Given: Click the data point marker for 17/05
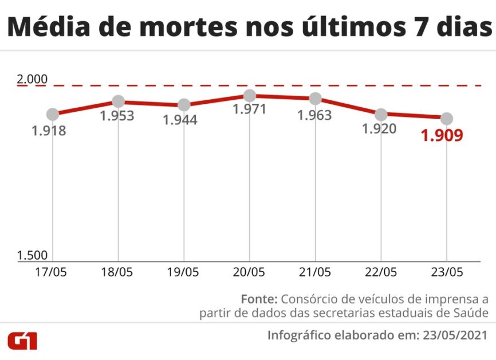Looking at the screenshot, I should (53, 115).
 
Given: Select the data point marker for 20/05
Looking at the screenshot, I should (250, 95).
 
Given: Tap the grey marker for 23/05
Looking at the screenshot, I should (447, 119).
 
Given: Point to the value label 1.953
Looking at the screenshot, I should (117, 116).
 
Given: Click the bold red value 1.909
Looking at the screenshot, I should (442, 136).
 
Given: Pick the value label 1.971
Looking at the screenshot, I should (250, 109).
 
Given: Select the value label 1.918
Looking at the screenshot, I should (49, 131).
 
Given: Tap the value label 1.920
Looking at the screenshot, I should (379, 129).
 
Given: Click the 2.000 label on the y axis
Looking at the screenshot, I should (33, 80).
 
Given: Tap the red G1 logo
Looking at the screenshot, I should (23, 341).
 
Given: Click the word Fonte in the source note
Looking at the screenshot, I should (259, 299).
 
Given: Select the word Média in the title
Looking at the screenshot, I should (48, 28).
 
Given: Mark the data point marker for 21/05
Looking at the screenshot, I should (315, 99).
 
